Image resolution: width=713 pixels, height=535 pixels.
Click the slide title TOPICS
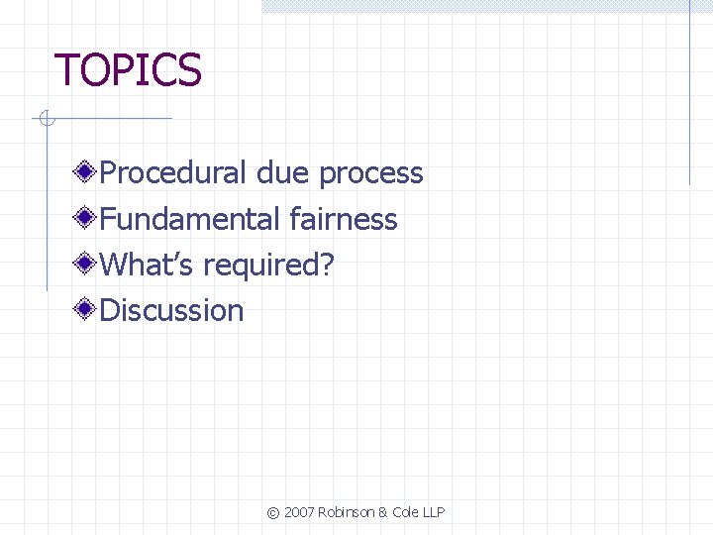tap(128, 70)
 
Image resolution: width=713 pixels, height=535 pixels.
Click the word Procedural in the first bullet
tap(173, 173)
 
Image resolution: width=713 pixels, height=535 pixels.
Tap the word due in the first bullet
tap(283, 173)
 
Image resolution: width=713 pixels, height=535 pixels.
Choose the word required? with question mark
tap(269, 266)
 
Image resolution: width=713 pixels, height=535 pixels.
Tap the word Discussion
tap(172, 310)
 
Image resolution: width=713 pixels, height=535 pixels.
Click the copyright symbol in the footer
tap(273, 512)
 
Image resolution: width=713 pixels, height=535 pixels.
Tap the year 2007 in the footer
tap(299, 512)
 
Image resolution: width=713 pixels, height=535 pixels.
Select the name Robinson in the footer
tap(347, 512)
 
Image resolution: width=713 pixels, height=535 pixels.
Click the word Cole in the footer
tap(406, 512)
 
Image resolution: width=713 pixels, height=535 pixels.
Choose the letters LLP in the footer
tap(434, 512)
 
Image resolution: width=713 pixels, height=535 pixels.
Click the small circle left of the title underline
tap(45, 120)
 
